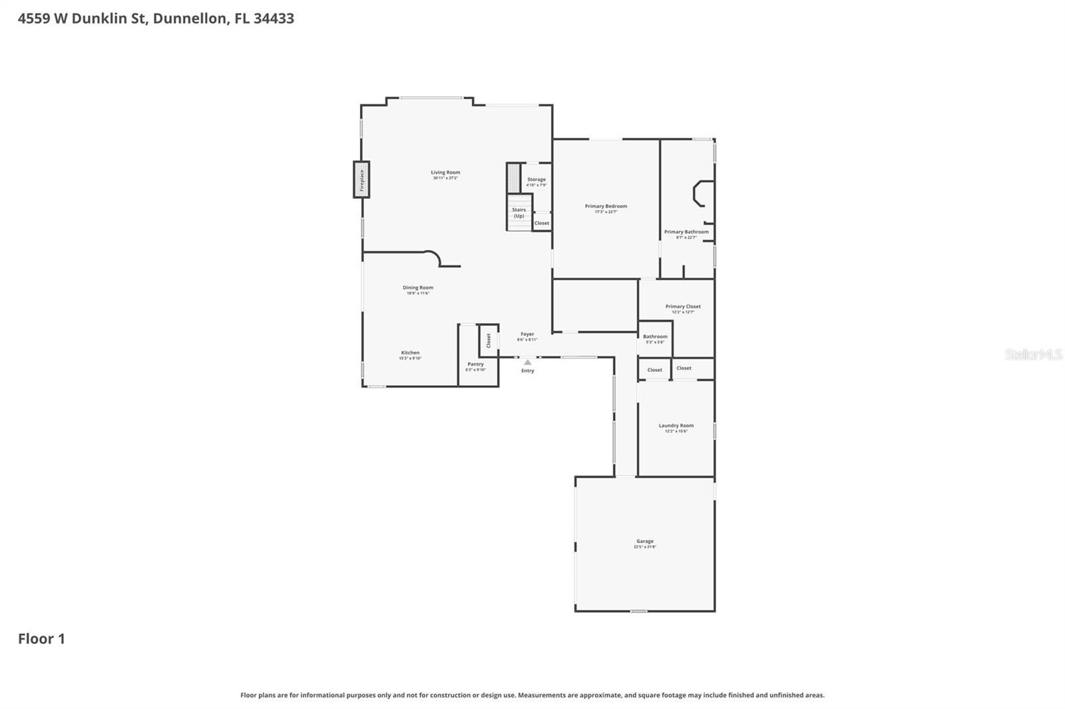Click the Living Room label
pyautogui.click(x=445, y=173)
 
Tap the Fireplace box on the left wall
pyautogui.click(x=361, y=180)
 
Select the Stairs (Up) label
pyautogui.click(x=519, y=213)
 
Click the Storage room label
pyautogui.click(x=536, y=180)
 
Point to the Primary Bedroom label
pyautogui.click(x=606, y=206)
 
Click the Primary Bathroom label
pyautogui.click(x=686, y=232)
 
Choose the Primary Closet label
pyautogui.click(x=683, y=307)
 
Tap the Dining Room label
pyautogui.click(x=418, y=288)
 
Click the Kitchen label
pyautogui.click(x=410, y=353)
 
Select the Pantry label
pyautogui.click(x=475, y=364)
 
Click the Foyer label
pyautogui.click(x=527, y=335)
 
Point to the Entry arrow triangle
pyautogui.click(x=527, y=362)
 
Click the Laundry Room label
pyautogui.click(x=676, y=426)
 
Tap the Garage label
pyautogui.click(x=644, y=541)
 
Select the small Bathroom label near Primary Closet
pyautogui.click(x=655, y=337)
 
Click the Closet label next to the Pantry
pyautogui.click(x=489, y=341)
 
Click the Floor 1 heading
pyautogui.click(x=41, y=638)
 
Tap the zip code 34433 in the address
pyautogui.click(x=274, y=19)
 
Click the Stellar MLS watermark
pyautogui.click(x=1033, y=354)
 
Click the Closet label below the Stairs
pyautogui.click(x=542, y=223)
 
